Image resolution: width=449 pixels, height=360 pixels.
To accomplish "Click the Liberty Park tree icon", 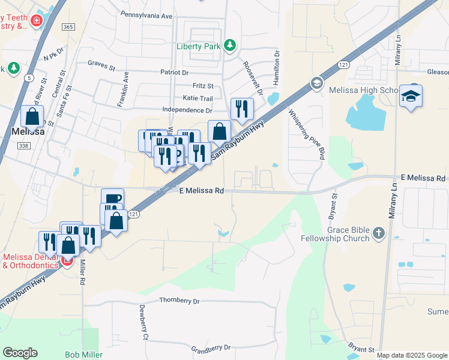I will click(x=229, y=45).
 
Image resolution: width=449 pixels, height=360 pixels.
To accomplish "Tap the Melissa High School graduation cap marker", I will click(x=411, y=96).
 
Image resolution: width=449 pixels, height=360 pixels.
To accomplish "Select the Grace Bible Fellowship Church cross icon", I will click(x=378, y=232).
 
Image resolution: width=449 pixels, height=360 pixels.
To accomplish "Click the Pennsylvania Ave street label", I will click(x=146, y=14).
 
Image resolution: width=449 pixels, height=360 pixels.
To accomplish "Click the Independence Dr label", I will click(x=188, y=110).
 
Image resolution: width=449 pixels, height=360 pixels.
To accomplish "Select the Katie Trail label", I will click(x=197, y=98).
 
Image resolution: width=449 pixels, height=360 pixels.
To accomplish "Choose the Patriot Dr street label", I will click(x=175, y=73).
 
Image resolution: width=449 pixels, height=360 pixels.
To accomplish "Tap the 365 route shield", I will click(x=68, y=27).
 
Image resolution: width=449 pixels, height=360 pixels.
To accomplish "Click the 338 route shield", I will click(x=23, y=146).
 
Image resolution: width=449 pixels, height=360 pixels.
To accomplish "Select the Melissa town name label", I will click(x=28, y=131).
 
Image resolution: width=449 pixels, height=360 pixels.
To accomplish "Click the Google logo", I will click(x=20, y=352).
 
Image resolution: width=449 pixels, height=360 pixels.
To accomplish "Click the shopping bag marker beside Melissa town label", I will click(x=32, y=116).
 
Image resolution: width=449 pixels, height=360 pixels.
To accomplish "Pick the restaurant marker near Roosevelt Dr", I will click(x=242, y=109).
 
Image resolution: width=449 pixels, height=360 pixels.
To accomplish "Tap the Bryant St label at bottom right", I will click(x=361, y=349).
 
